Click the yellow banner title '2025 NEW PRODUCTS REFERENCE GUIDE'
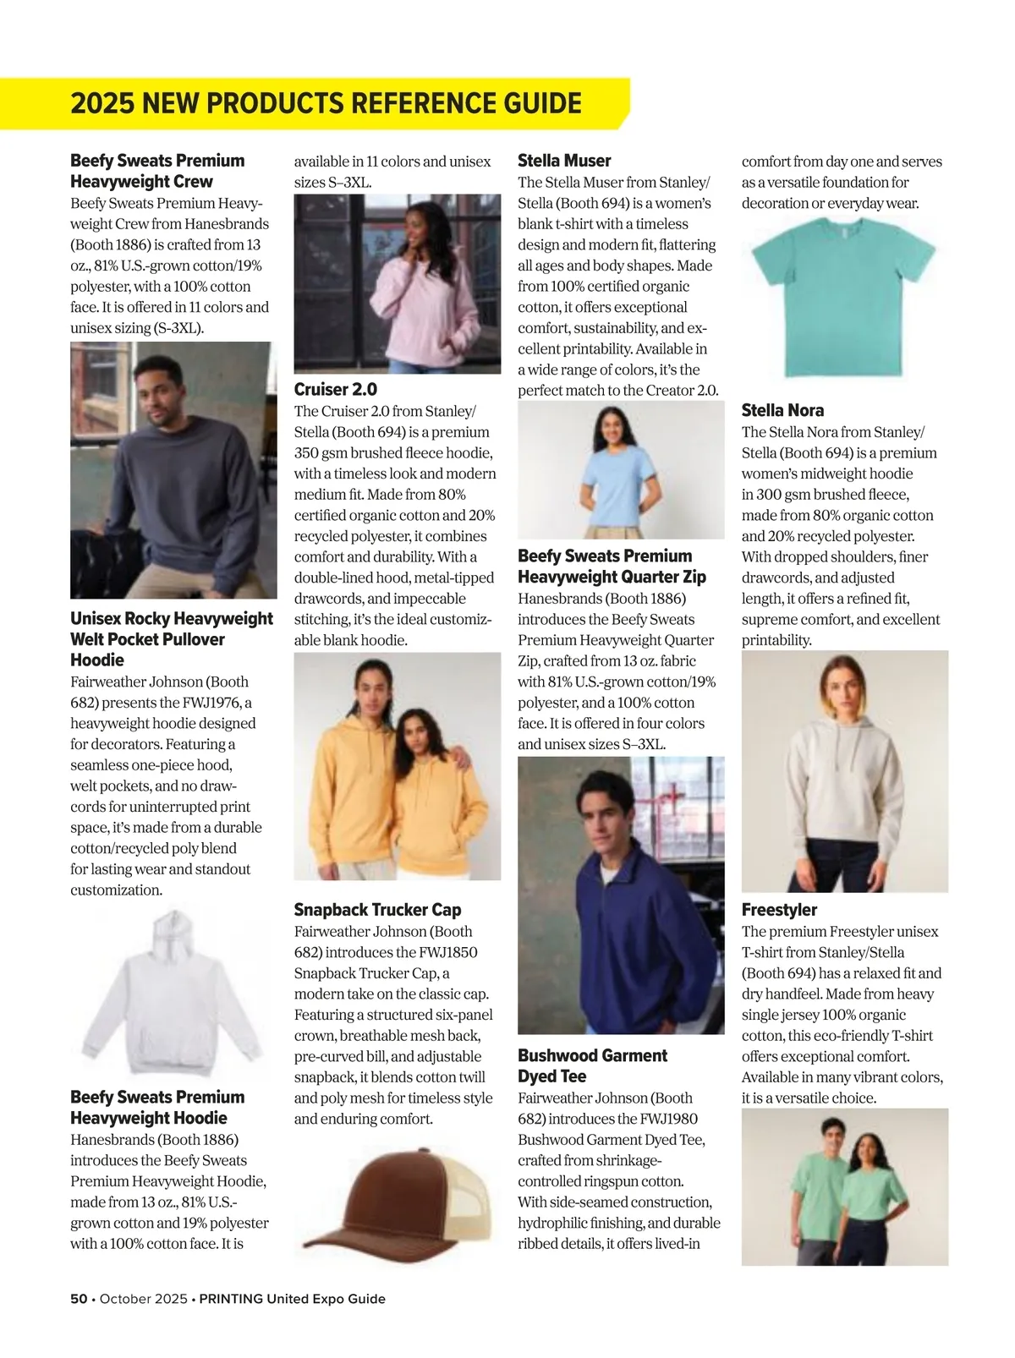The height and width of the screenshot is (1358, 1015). (x=326, y=103)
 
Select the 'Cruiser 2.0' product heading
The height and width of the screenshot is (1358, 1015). (x=335, y=390)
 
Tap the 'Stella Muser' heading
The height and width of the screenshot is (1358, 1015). (x=563, y=161)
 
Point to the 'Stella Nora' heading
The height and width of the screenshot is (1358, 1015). (x=782, y=411)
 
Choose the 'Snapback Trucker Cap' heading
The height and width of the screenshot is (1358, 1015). (x=377, y=910)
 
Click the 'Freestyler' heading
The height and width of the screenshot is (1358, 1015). (x=779, y=910)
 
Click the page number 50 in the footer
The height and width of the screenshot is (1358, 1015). (x=79, y=1299)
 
